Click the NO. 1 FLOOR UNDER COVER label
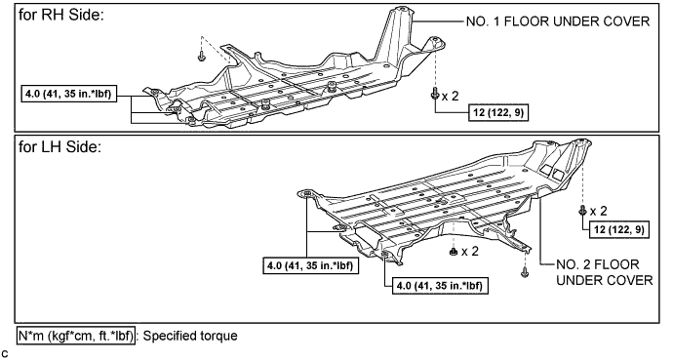pyautogui.click(x=558, y=21)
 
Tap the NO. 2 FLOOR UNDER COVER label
pyautogui.click(x=604, y=272)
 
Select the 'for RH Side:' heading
pyautogui.click(x=61, y=16)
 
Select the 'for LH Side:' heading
pyautogui.click(x=60, y=147)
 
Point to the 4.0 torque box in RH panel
pyautogui.click(x=68, y=94)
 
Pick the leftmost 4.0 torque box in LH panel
pyautogui.click(x=310, y=265)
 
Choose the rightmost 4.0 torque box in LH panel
pyautogui.click(x=440, y=285)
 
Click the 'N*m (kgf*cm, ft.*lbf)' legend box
pyautogui.click(x=76, y=336)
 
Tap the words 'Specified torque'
pyautogui.click(x=190, y=336)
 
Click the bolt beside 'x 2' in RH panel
pyautogui.click(x=434, y=94)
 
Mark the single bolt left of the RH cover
pyautogui.click(x=201, y=57)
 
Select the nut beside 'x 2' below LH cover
pyautogui.click(x=453, y=252)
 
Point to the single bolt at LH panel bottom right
pyautogui.click(x=525, y=271)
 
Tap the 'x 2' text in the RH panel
pyautogui.click(x=451, y=97)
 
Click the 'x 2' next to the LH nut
pyautogui.click(x=469, y=252)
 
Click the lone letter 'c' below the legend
pyautogui.click(x=4, y=354)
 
